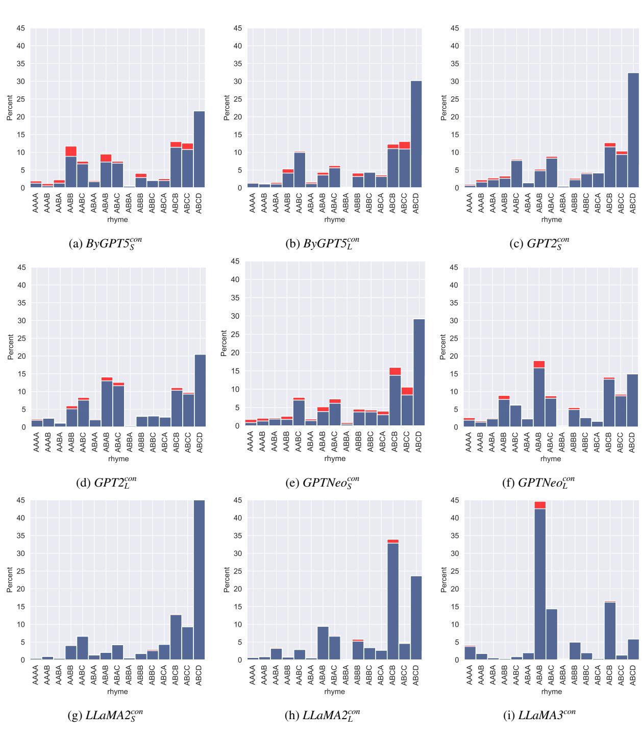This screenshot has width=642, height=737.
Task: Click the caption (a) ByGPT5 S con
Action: (x=106, y=243)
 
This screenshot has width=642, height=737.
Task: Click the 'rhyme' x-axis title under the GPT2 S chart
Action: (x=551, y=220)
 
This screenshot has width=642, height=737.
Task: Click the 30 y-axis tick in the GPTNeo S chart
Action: (x=235, y=316)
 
